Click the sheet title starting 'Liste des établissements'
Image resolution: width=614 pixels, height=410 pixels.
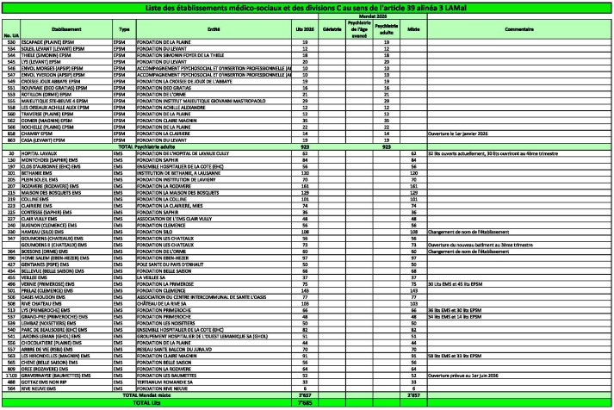coord(307,7)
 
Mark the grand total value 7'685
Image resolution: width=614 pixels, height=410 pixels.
coord(302,402)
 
